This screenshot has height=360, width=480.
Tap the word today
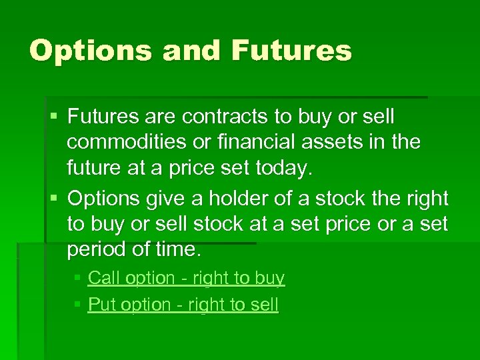[x=283, y=169]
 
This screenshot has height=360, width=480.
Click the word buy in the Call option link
[x=269, y=279]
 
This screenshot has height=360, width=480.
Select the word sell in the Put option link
[x=264, y=305]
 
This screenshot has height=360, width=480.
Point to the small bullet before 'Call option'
[x=77, y=278]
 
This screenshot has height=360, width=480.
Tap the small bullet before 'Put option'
[x=77, y=305]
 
